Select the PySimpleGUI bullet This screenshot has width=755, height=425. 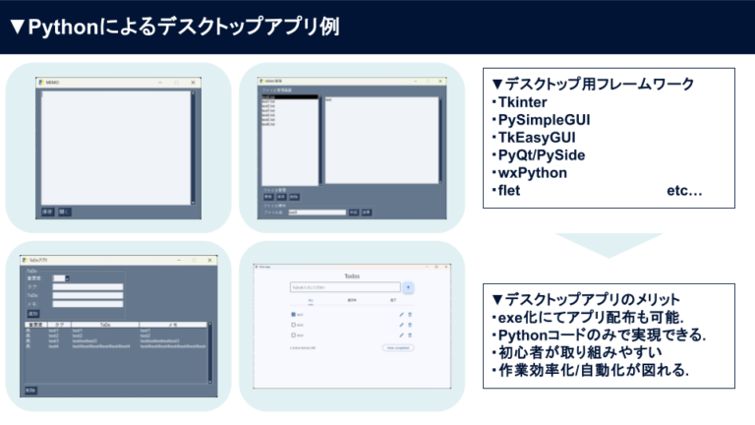(x=545, y=120)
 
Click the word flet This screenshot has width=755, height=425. (x=508, y=191)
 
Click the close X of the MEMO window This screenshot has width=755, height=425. (x=194, y=82)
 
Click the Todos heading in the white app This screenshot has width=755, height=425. (x=352, y=276)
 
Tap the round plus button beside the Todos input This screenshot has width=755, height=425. (x=409, y=288)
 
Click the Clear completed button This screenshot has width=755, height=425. (x=398, y=347)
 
